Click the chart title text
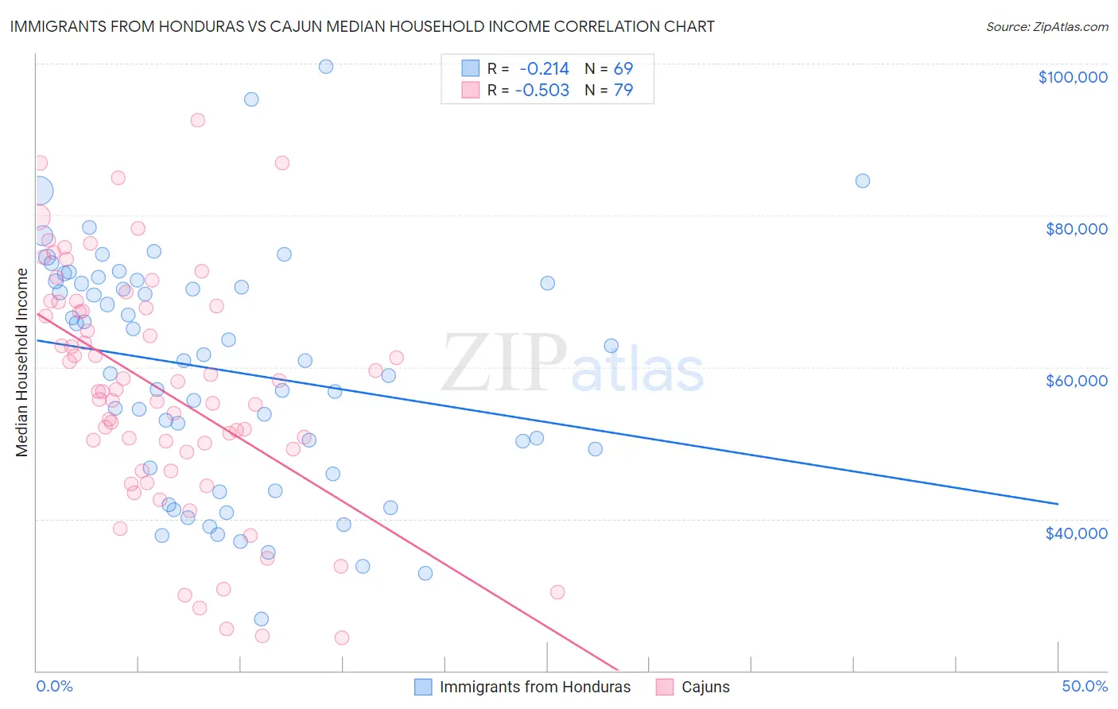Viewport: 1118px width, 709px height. [362, 26]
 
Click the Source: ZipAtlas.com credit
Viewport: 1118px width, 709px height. [1046, 26]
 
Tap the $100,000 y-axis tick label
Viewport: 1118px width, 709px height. [1072, 77]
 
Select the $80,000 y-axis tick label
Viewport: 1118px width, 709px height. [1076, 229]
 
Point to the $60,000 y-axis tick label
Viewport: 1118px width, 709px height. [1076, 381]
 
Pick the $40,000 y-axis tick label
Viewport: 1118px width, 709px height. [1076, 533]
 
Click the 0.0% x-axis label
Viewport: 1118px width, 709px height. [54, 686]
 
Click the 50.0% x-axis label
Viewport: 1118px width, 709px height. [1084, 686]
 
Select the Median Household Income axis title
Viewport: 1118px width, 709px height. [22, 362]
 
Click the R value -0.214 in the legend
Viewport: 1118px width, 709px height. [544, 68]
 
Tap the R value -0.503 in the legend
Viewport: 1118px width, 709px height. [542, 91]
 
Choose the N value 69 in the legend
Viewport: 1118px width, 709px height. [623, 68]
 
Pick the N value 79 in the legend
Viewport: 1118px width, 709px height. [623, 91]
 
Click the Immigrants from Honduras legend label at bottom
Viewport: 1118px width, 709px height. [534, 688]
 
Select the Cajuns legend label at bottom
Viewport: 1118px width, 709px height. [705, 688]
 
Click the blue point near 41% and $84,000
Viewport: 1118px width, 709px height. [862, 180]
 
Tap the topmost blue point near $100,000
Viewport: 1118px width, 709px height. [325, 67]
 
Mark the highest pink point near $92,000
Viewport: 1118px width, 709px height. [197, 120]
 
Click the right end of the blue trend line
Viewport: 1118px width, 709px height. [1058, 503]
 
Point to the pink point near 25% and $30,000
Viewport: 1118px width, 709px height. [557, 592]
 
